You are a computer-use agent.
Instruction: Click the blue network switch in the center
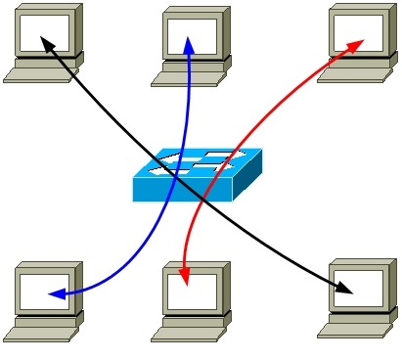(198, 175)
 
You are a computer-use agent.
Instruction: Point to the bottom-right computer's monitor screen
(359, 288)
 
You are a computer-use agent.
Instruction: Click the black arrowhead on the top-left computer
(45, 42)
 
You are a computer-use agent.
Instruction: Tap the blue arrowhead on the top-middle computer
(190, 45)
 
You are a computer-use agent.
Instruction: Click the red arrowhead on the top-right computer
(357, 44)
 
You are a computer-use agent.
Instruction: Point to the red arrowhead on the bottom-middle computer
(184, 280)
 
